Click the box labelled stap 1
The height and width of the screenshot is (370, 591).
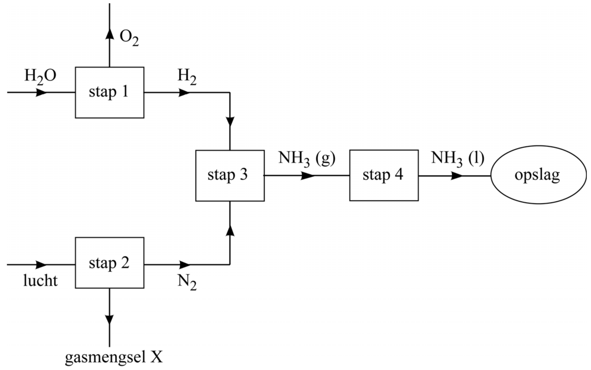(x=110, y=92)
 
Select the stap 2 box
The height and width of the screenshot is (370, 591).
(x=110, y=263)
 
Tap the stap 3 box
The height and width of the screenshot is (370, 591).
(x=230, y=175)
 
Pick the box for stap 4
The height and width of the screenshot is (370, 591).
(x=384, y=175)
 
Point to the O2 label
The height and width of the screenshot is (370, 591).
(x=129, y=38)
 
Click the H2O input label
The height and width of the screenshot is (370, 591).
(x=40, y=76)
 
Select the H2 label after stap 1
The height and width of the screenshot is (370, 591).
(x=187, y=76)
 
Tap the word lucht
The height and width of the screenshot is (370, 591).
(x=40, y=281)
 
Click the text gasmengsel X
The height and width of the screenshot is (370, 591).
(x=114, y=357)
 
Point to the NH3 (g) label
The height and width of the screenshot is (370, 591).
(x=306, y=158)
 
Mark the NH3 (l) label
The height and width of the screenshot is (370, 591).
(x=457, y=158)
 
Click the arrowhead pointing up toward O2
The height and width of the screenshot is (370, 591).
(x=110, y=33)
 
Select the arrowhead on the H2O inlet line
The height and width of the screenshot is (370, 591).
(x=41, y=92)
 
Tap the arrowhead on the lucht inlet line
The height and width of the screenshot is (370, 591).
(x=41, y=264)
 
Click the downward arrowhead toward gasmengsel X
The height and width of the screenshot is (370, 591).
(x=110, y=319)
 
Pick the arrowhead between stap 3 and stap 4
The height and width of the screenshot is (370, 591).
(x=308, y=175)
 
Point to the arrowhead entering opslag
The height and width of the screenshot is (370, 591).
(x=457, y=175)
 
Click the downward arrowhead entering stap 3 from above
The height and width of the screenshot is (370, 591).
(x=230, y=121)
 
